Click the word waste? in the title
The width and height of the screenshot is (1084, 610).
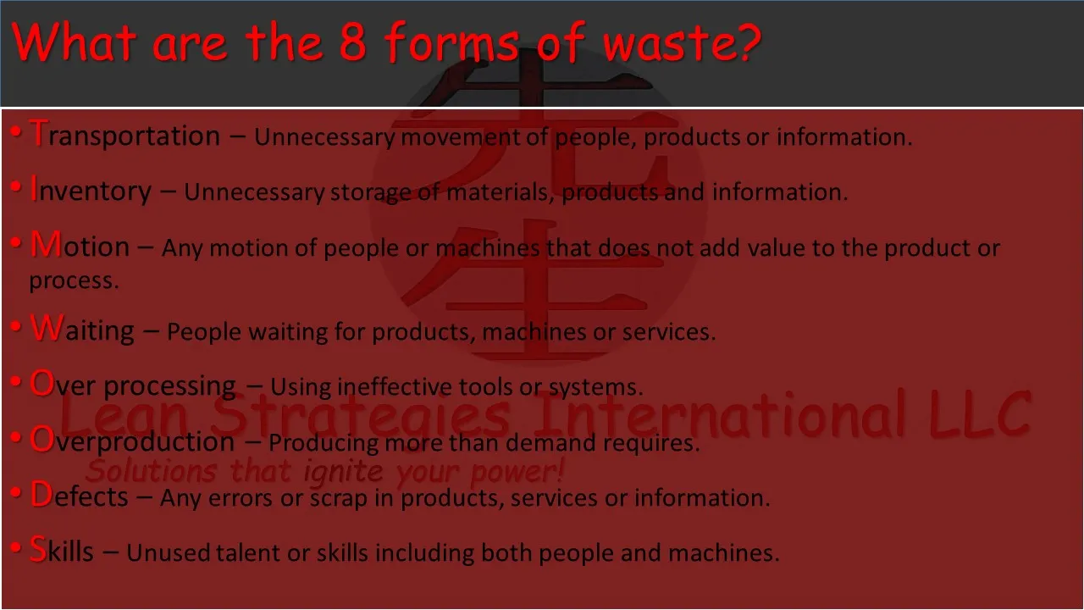[683, 42]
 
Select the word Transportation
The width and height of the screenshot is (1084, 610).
[124, 134]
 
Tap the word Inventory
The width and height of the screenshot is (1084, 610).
[91, 191]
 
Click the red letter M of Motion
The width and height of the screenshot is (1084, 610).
[46, 244]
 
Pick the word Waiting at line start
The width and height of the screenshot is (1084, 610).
[82, 329]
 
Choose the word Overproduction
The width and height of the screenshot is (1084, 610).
[132, 440]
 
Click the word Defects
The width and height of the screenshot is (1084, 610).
[80, 496]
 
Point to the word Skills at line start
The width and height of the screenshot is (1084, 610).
[62, 551]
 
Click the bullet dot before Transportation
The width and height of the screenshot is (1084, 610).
[16, 131]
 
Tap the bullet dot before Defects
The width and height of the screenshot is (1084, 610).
[16, 493]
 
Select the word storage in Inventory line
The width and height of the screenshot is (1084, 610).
[370, 193]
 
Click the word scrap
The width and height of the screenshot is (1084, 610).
[338, 499]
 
